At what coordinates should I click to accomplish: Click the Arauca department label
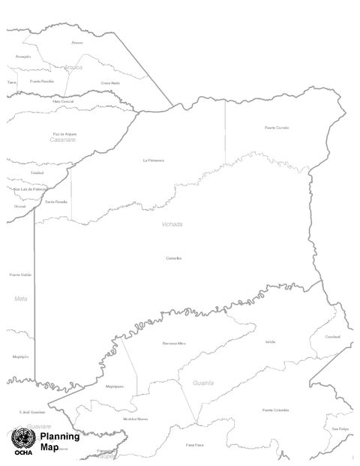tap(73, 68)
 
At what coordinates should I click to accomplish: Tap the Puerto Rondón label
tap(42, 81)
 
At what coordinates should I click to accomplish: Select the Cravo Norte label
tap(110, 83)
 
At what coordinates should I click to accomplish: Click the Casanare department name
tap(64, 140)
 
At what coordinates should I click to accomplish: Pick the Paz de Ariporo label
tap(64, 134)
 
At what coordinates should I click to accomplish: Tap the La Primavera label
tap(154, 160)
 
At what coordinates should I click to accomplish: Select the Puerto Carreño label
tap(277, 128)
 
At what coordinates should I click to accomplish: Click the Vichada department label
tap(172, 224)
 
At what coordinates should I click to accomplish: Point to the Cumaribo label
tap(174, 258)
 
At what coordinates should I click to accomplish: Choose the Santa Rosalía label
tap(56, 202)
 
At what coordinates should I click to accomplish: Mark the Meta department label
tap(20, 299)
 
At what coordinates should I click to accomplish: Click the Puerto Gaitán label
tap(20, 275)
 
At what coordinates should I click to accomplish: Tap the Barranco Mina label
tap(173, 343)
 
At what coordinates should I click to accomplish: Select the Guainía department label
tap(203, 383)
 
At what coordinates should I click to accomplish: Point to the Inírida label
tap(270, 341)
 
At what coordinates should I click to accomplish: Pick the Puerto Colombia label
tap(275, 410)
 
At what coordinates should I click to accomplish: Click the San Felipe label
tap(340, 428)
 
